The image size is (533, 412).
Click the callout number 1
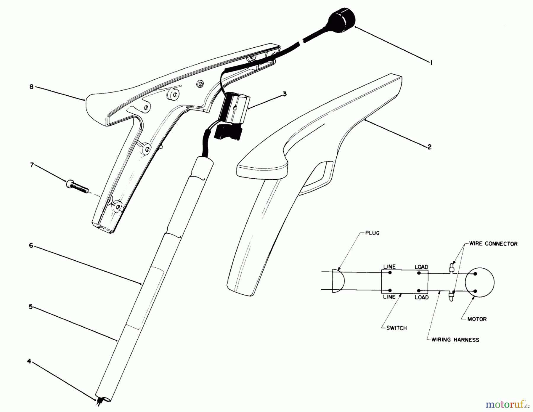(431, 62)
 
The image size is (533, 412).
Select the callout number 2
(430, 147)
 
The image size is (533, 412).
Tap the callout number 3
(284, 94)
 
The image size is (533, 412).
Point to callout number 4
(29, 362)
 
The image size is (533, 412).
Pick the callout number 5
(30, 307)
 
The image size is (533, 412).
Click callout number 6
(31, 246)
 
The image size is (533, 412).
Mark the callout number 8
(31, 87)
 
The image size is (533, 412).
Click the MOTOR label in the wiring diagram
(477, 319)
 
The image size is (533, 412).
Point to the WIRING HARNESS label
(455, 340)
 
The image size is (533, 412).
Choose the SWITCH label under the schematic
(396, 328)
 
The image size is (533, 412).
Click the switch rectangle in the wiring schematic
(404, 282)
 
